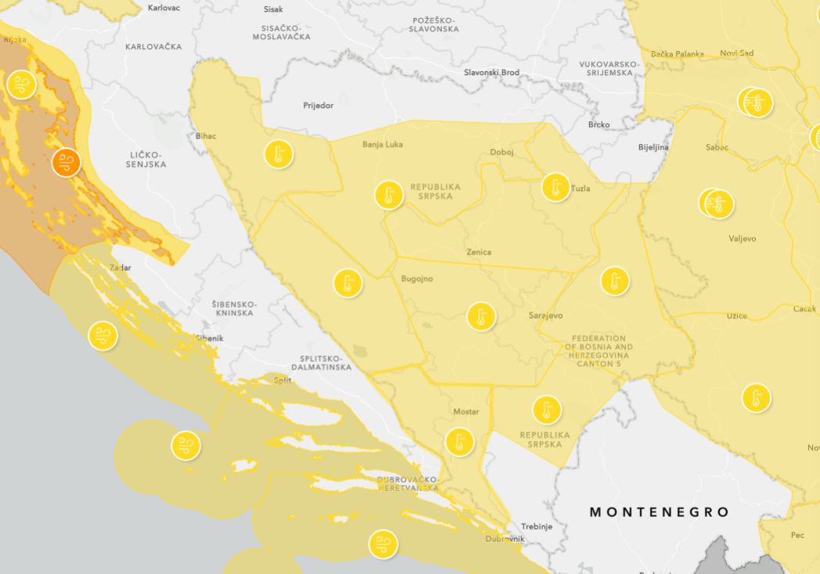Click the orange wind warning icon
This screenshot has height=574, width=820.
click(x=66, y=163)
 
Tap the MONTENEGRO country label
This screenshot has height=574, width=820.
click(x=659, y=512)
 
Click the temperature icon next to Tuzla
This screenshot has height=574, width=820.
click(x=556, y=187)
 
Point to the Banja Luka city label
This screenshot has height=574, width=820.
click(x=382, y=144)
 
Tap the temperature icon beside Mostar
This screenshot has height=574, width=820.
click(x=459, y=442)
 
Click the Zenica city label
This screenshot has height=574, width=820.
click(x=478, y=252)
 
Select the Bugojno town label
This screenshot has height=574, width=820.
click(x=416, y=279)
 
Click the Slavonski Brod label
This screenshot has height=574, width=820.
click(x=491, y=73)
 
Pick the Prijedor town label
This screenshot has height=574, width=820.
click(x=318, y=105)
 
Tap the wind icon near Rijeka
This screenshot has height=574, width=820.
click(x=20, y=84)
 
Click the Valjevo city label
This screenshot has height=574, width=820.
click(x=742, y=239)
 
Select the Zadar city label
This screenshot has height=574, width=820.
click(x=120, y=268)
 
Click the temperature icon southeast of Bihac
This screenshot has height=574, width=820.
click(x=278, y=154)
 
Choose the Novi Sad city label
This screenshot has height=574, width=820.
click(x=736, y=53)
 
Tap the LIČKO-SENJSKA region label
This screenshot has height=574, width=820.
click(x=147, y=160)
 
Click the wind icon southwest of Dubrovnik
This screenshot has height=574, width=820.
click(x=382, y=543)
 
